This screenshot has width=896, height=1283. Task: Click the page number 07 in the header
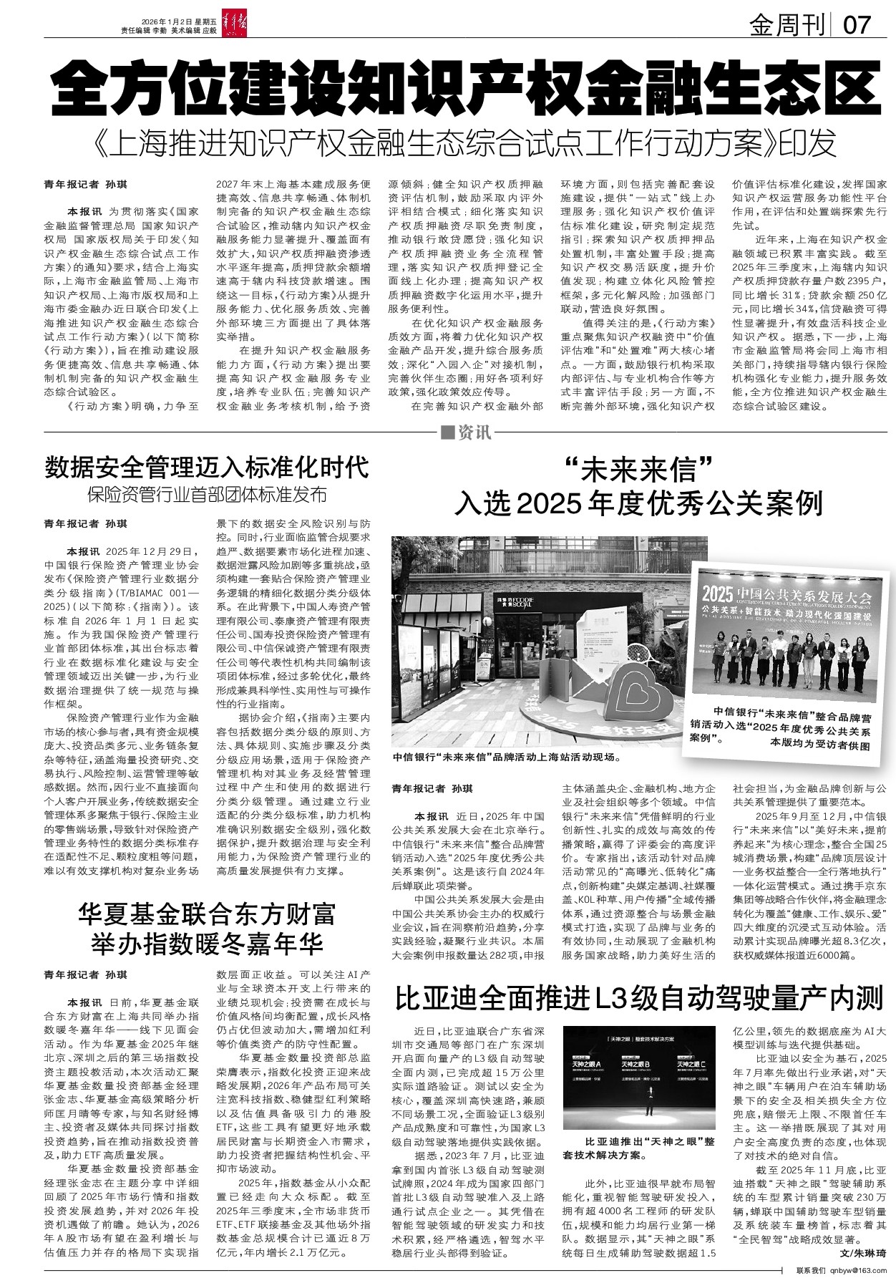(x=857, y=25)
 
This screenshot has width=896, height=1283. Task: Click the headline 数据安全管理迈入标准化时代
(x=207, y=468)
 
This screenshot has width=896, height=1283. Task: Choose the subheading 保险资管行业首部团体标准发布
(x=207, y=495)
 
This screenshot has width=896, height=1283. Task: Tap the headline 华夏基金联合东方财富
(x=207, y=914)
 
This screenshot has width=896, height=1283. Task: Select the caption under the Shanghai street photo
(x=506, y=757)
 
